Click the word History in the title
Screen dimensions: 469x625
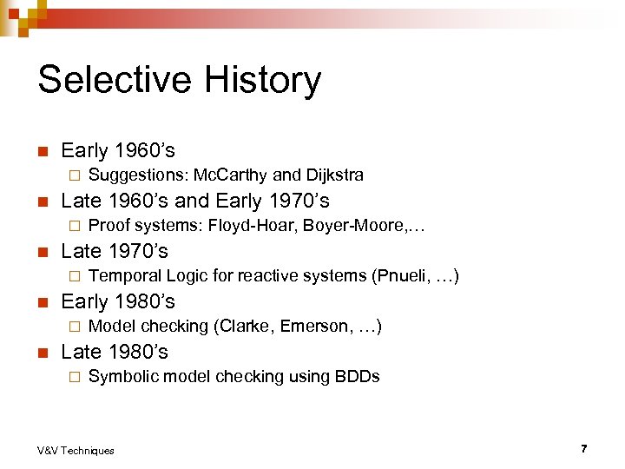click(x=263, y=80)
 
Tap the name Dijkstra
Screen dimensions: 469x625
click(x=334, y=175)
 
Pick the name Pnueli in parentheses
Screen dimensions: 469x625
click(x=399, y=275)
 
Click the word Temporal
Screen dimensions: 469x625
click(x=125, y=275)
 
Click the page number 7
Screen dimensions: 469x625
click(x=584, y=448)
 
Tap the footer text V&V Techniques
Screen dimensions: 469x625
click(x=76, y=450)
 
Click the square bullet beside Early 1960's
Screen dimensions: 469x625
click(x=41, y=150)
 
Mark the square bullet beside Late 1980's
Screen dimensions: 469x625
click(x=41, y=352)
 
